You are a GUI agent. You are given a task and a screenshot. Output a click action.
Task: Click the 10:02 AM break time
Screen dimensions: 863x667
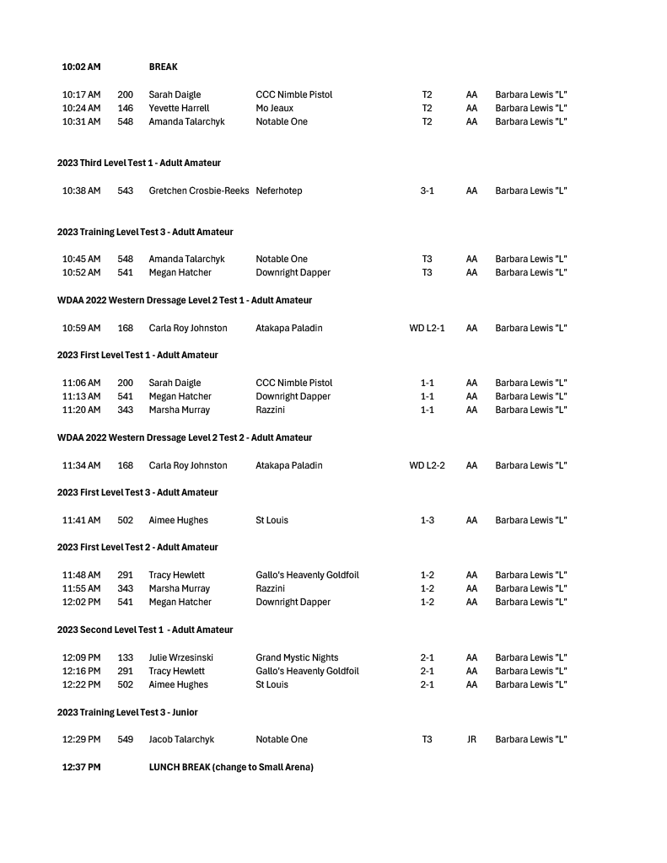click(x=81, y=67)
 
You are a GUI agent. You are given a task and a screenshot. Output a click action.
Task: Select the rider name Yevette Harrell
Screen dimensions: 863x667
click(x=179, y=108)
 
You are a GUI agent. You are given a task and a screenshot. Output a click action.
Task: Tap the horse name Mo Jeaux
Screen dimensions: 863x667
click(x=274, y=108)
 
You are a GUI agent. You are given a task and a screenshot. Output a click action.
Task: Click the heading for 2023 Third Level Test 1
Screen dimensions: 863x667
click(x=139, y=163)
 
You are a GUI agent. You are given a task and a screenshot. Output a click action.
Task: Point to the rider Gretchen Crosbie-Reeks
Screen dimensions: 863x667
click(x=199, y=190)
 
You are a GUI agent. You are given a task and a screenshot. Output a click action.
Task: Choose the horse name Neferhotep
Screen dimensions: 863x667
click(x=279, y=190)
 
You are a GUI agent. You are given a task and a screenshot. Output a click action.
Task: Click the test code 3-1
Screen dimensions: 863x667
click(x=427, y=190)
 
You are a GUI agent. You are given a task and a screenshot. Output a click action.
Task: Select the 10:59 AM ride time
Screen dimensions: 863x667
click(x=81, y=328)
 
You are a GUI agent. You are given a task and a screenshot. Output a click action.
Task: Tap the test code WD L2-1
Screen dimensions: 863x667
click(x=427, y=328)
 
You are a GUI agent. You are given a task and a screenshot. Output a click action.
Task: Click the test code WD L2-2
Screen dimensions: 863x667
click(x=427, y=465)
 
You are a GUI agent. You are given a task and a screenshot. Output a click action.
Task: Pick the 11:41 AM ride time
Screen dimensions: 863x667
click(x=81, y=520)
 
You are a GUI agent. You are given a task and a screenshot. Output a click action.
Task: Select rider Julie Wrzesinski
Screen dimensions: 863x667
click(x=180, y=657)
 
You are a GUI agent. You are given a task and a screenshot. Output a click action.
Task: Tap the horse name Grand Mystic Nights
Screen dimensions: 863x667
click(x=297, y=657)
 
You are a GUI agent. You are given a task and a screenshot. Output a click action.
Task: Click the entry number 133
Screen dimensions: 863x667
click(x=125, y=657)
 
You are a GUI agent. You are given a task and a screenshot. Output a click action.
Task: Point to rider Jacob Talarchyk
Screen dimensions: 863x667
click(x=181, y=739)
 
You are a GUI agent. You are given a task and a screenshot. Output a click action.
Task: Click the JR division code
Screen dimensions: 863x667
click(x=471, y=739)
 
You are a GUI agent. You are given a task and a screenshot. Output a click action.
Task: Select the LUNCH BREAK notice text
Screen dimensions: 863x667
click(x=231, y=767)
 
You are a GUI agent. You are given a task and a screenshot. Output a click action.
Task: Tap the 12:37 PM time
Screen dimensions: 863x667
click(x=81, y=767)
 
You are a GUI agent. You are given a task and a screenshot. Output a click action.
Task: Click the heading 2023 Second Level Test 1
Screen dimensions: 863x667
click(x=145, y=630)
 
